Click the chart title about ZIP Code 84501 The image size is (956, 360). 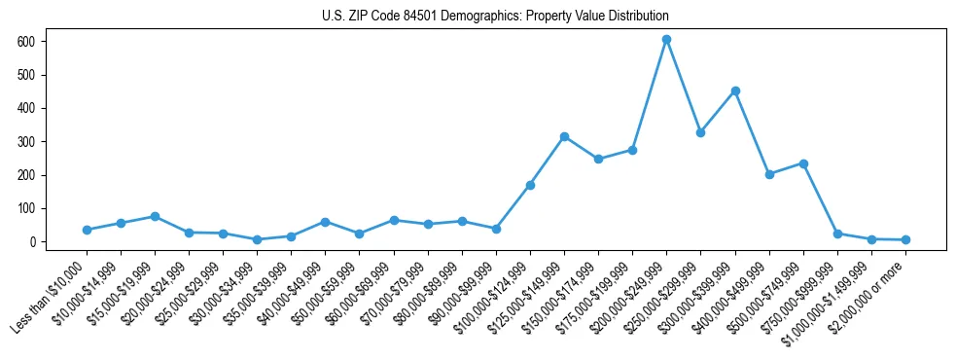(495, 17)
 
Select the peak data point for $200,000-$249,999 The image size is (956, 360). (666, 40)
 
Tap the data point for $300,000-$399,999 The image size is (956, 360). (735, 90)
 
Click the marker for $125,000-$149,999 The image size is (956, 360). (564, 136)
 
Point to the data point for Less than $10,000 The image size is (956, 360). (87, 230)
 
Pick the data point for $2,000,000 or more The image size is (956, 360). (905, 239)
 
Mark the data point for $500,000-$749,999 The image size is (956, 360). (803, 163)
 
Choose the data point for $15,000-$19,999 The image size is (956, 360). (155, 216)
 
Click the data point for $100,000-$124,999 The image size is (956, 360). (530, 185)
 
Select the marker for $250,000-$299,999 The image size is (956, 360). (700, 132)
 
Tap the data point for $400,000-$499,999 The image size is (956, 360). (769, 174)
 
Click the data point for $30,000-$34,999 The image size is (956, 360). (257, 239)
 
